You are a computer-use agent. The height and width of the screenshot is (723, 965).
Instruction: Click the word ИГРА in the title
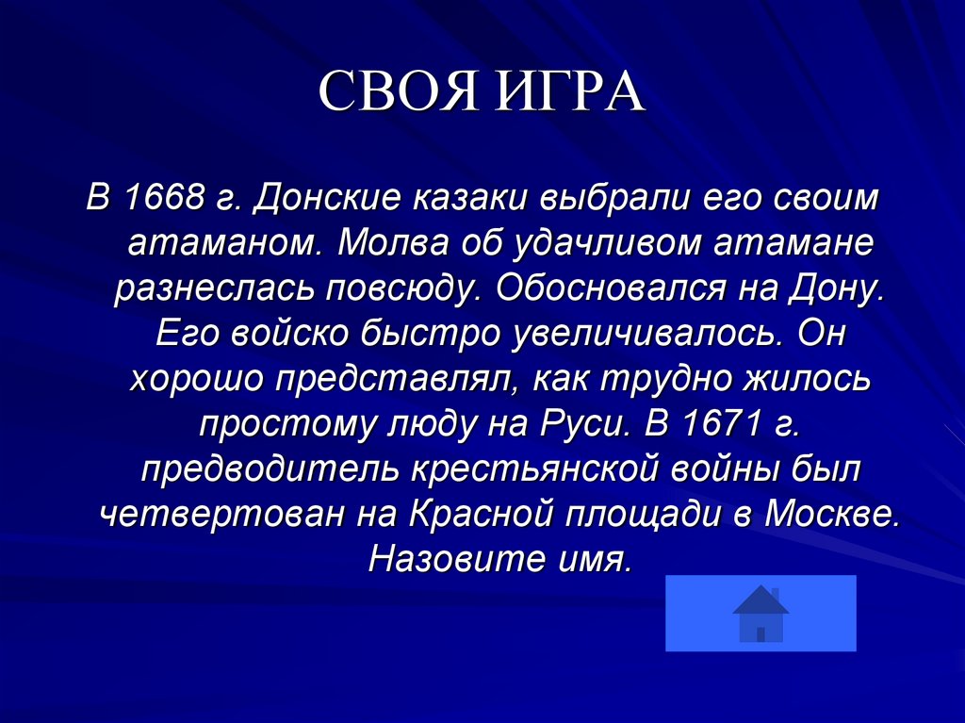566,93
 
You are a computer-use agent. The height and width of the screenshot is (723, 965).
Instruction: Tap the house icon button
761,614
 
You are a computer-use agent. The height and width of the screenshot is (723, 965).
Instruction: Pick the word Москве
833,515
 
